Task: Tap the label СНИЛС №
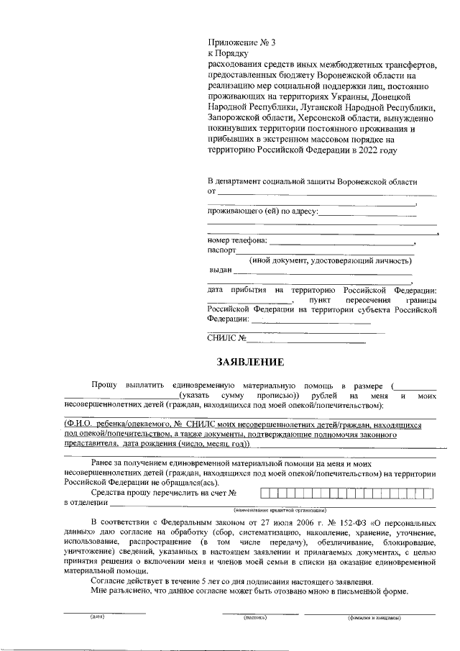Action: (x=227, y=337)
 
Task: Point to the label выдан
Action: (x=220, y=270)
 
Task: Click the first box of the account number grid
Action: (x=264, y=493)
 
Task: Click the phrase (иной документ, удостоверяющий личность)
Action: (x=331, y=260)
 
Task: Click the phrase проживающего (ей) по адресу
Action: (x=262, y=211)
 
